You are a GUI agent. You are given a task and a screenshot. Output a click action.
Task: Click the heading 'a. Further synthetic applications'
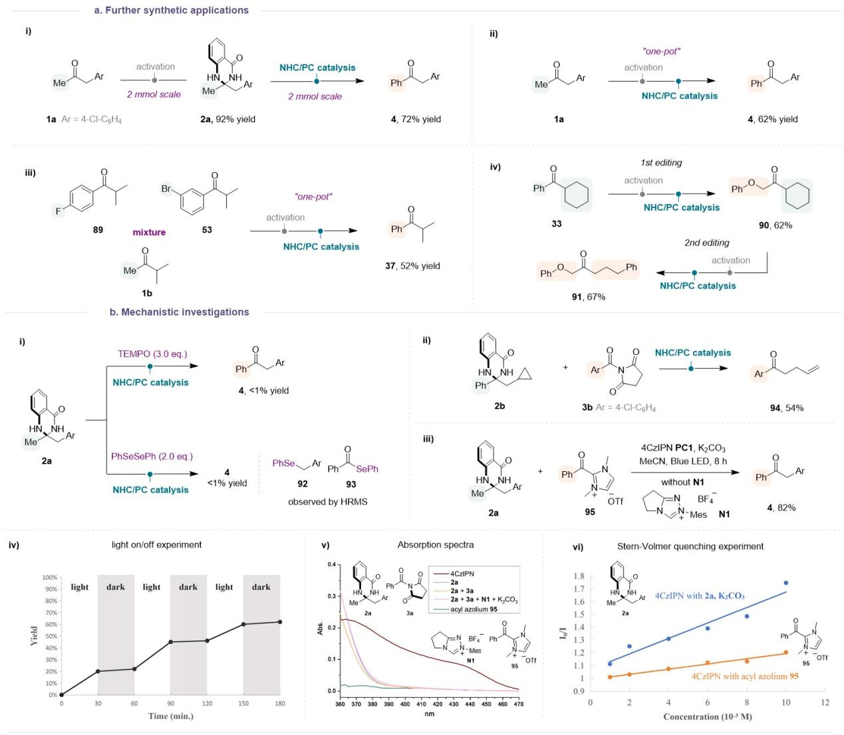171,10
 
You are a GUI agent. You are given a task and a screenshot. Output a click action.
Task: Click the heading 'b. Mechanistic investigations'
180,312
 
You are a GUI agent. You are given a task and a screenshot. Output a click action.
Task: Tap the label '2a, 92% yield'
227,119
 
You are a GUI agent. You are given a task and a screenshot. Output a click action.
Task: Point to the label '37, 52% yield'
412,266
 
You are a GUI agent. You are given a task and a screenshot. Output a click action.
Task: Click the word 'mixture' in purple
149,232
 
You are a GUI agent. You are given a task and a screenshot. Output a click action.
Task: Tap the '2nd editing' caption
706,243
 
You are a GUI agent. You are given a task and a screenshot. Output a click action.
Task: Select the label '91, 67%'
588,296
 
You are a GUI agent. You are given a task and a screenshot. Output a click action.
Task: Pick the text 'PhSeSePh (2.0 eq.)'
152,456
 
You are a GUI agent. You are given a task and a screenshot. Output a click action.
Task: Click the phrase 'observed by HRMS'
327,501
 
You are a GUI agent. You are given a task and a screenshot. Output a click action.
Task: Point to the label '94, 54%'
786,407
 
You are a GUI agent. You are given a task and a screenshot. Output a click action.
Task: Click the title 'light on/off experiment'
156,544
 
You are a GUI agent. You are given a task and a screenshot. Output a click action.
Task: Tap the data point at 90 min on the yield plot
171,642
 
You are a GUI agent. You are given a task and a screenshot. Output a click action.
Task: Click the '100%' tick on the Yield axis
49,577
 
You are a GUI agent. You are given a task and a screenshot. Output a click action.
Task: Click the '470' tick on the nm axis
518,704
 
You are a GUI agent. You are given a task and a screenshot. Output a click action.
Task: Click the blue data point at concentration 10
786,583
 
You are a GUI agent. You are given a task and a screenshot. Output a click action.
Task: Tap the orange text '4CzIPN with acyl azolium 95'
744,676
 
